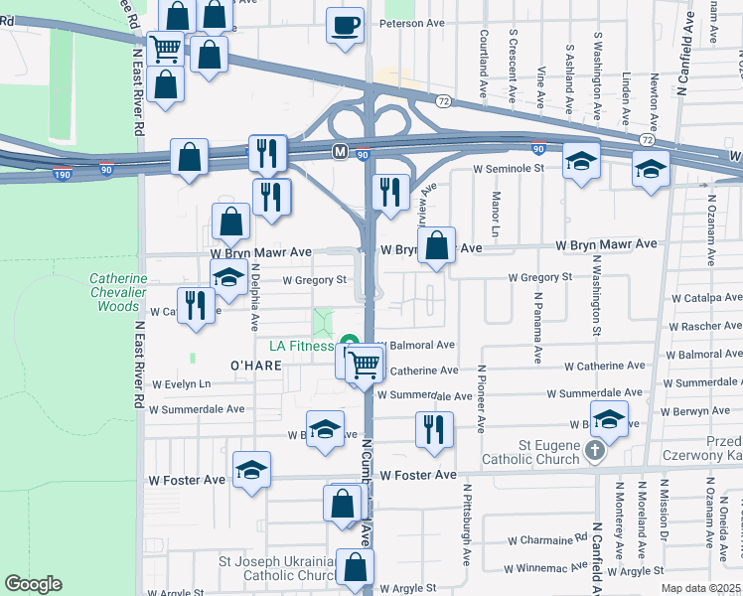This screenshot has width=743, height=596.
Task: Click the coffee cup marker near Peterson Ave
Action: click(345, 24)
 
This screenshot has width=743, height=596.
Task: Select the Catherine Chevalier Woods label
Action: click(119, 292)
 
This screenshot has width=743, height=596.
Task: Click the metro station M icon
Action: click(340, 152)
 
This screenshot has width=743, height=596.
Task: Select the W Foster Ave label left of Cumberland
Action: click(188, 480)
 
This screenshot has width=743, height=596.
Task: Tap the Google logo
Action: click(33, 584)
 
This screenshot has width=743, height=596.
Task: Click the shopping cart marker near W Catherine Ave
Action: click(365, 364)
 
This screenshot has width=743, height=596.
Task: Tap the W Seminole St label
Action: click(510, 169)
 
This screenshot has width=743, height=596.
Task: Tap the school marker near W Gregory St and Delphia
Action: click(229, 279)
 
